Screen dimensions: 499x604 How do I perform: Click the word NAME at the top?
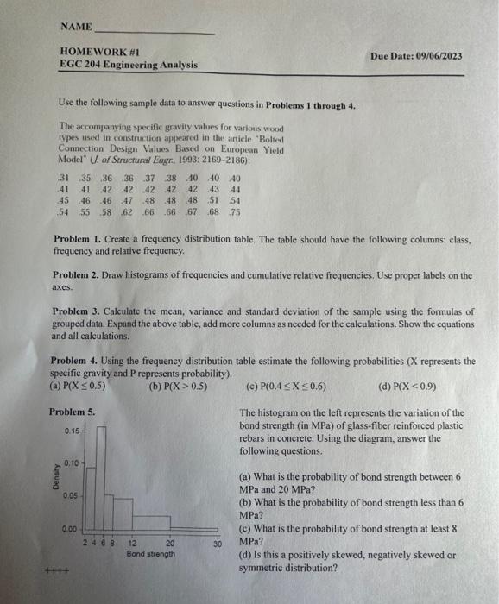74,27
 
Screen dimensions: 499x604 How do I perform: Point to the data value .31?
59,179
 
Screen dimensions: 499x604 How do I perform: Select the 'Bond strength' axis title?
152,554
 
